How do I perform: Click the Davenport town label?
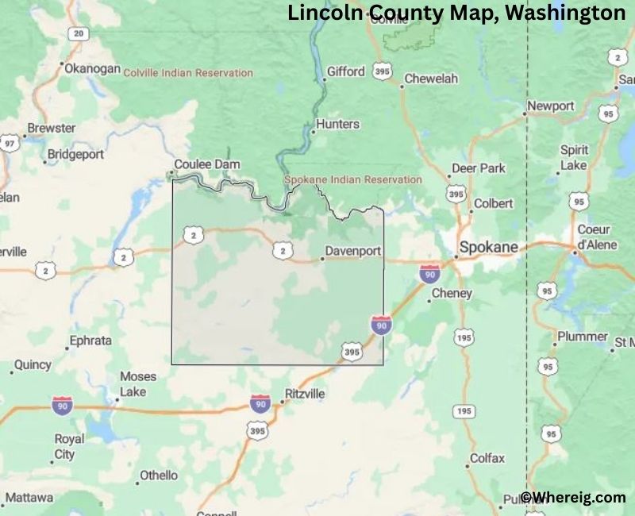click(353, 251)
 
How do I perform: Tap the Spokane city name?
click(488, 247)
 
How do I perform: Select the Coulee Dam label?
click(207, 164)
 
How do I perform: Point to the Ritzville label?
click(305, 393)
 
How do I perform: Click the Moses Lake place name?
click(138, 384)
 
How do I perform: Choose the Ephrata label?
click(90, 341)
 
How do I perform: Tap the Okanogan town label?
click(91, 68)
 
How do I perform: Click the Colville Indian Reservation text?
click(188, 72)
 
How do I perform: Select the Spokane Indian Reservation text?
click(353, 179)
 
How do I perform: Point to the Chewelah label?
click(431, 79)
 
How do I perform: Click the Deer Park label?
click(479, 168)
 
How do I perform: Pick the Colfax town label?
click(487, 458)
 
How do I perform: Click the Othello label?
click(159, 476)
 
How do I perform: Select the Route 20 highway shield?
click(77, 33)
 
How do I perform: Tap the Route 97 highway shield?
click(9, 144)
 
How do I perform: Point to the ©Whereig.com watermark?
click(573, 498)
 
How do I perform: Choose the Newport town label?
click(551, 106)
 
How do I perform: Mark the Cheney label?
click(452, 293)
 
